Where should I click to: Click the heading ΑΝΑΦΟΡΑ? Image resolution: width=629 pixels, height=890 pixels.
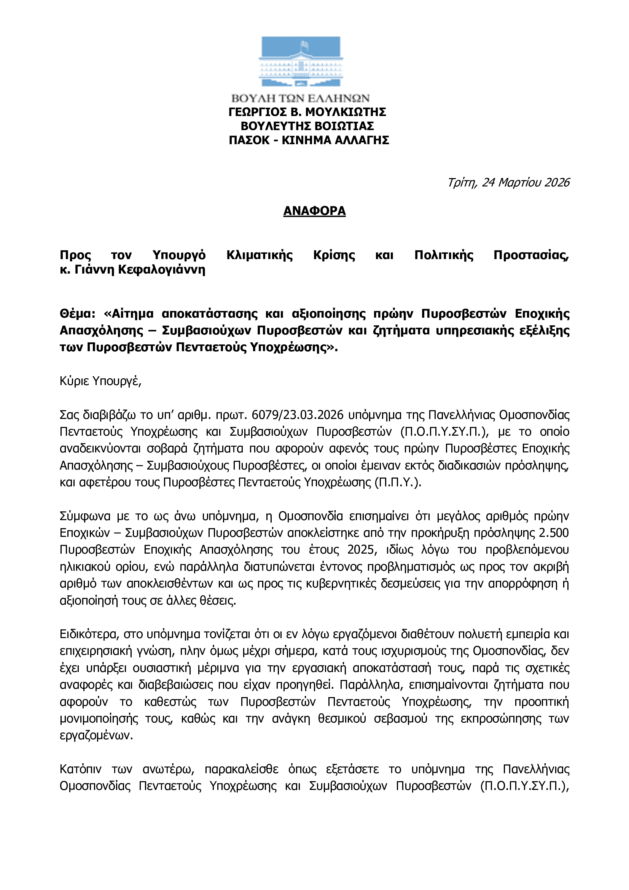314,211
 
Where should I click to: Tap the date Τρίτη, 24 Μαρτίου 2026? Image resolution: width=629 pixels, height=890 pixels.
508,182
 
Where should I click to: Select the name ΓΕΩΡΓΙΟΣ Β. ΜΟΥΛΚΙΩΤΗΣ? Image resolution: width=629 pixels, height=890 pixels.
307,112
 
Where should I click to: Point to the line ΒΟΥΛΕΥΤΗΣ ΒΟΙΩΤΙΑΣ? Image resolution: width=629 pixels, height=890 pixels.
307,126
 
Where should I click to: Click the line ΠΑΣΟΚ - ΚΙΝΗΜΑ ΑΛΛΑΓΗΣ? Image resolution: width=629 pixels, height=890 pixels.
309,140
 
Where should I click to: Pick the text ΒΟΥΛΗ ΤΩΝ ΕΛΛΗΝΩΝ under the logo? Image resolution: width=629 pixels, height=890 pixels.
300,98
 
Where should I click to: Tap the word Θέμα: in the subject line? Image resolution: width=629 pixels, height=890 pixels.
78,313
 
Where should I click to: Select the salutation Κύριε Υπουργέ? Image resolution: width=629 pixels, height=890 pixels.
101,381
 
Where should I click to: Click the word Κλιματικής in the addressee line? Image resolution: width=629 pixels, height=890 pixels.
260,255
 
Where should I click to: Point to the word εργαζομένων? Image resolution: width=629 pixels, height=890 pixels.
96,736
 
